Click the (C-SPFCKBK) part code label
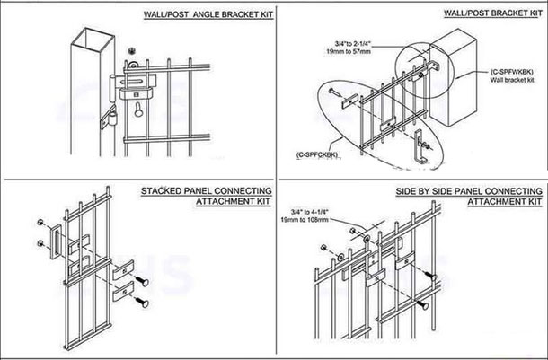tap(317, 155)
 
